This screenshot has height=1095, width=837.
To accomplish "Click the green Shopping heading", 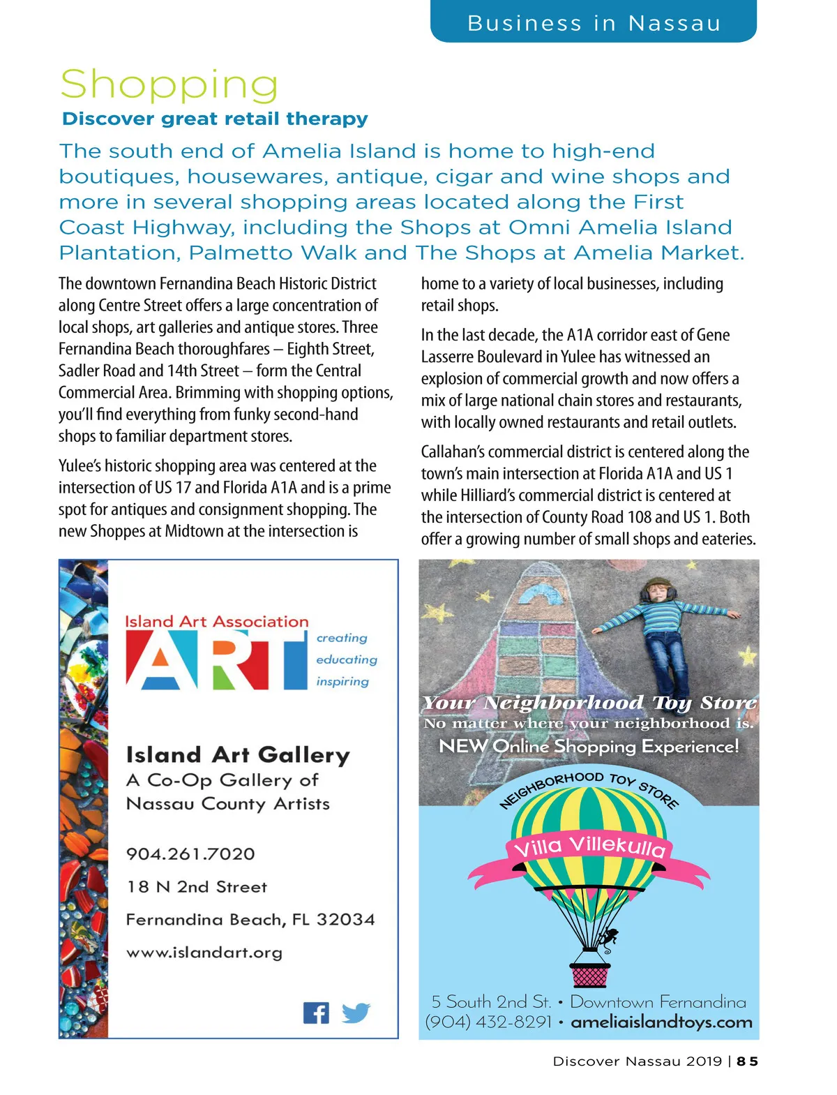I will coord(169,85).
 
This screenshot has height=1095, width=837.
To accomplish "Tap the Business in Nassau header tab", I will coord(594,23).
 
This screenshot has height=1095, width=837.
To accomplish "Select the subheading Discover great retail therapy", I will coord(215,119).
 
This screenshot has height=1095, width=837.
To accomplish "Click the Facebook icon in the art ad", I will coord(316,1013).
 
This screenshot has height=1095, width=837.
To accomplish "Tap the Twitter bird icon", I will coord(356,1012).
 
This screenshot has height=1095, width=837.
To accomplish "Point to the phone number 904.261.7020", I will coord(190,854).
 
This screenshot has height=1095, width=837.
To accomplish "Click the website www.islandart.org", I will coord(204,953).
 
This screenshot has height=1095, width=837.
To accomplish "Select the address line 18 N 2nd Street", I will coord(197,887).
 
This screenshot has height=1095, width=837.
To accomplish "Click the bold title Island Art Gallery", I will coord(238,754).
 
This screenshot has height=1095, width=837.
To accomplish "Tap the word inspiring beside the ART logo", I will coord(342,681).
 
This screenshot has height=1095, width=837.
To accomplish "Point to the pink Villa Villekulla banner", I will coord(590,848).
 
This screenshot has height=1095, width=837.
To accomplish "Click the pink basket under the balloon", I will coord(589,974).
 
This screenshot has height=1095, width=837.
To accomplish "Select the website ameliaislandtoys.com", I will coord(661,1022).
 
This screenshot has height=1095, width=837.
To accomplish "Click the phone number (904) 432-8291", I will coord(488,1022).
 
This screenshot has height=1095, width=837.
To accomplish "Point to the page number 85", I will coord(747,1062).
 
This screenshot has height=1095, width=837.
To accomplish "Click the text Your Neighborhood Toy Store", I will coord(589,702).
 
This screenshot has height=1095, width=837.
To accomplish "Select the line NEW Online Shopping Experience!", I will coord(589,746).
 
